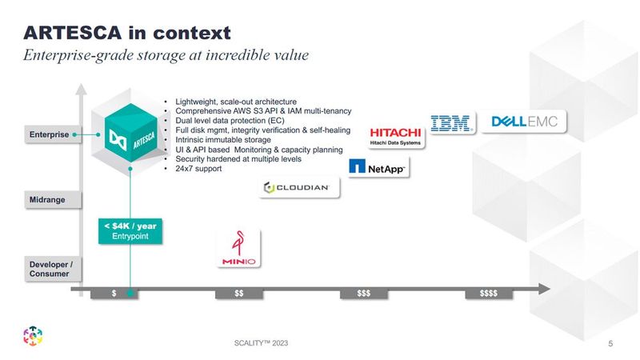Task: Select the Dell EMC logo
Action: coord(528,122)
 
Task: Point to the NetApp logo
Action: coord(378,167)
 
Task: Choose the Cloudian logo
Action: coord(301,188)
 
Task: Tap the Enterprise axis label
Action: coord(50,134)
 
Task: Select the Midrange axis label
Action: coord(49,198)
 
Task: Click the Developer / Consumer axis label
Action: coord(50,269)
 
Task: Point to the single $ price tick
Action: coord(114,294)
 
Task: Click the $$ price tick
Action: coord(239,294)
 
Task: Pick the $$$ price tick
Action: coord(364,294)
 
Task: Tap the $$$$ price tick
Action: coord(489,294)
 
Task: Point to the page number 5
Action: coord(611,343)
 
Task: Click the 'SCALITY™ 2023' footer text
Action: coord(258,342)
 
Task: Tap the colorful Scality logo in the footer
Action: coord(33,338)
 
